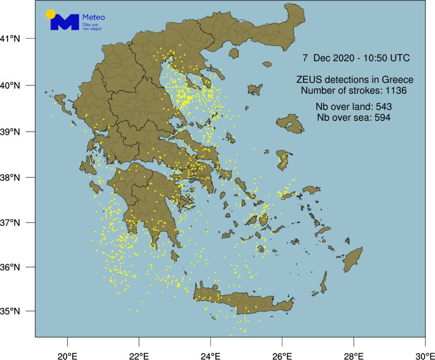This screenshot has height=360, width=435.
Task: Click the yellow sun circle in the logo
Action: [x=50, y=14]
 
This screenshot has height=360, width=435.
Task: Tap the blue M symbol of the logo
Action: [x=65, y=22]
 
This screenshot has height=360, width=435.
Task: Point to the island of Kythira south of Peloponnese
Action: [x=174, y=256]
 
